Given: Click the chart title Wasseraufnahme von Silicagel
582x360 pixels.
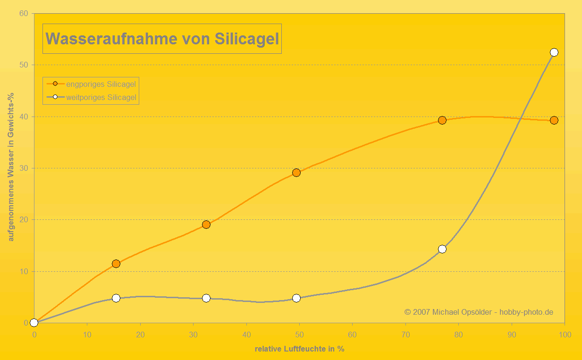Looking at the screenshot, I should tap(162, 39).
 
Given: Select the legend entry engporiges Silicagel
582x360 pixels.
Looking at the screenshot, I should tap(101, 84).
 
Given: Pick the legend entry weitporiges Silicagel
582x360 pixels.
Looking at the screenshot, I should tap(101, 98).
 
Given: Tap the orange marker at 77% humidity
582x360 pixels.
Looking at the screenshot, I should tap(442, 120).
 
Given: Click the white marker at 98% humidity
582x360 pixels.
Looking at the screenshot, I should tap(554, 52).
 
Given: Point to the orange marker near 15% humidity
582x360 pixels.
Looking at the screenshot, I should tap(116, 264).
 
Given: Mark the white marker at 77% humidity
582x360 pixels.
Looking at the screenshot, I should tap(442, 249).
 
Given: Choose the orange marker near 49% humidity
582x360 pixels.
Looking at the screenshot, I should tap(296, 173).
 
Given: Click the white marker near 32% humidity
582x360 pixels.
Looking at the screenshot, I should tap(206, 298).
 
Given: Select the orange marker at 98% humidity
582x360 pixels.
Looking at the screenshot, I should tap(554, 120).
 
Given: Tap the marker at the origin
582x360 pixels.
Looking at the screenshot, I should tap(34, 323).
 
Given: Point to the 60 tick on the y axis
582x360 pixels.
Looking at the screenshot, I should tap(24, 13).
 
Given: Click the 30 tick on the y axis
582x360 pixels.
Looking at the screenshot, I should tap(24, 168).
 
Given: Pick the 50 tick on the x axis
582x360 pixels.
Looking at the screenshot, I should tap(299, 335).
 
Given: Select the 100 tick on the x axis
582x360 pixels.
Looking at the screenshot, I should tap(565, 335).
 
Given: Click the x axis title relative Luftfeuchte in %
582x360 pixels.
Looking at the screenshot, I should tap(299, 349).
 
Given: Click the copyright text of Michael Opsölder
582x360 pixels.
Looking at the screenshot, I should tap(479, 312).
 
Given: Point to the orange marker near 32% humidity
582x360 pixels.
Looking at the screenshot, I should tap(206, 225).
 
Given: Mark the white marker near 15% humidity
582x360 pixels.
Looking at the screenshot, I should tap(116, 298).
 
